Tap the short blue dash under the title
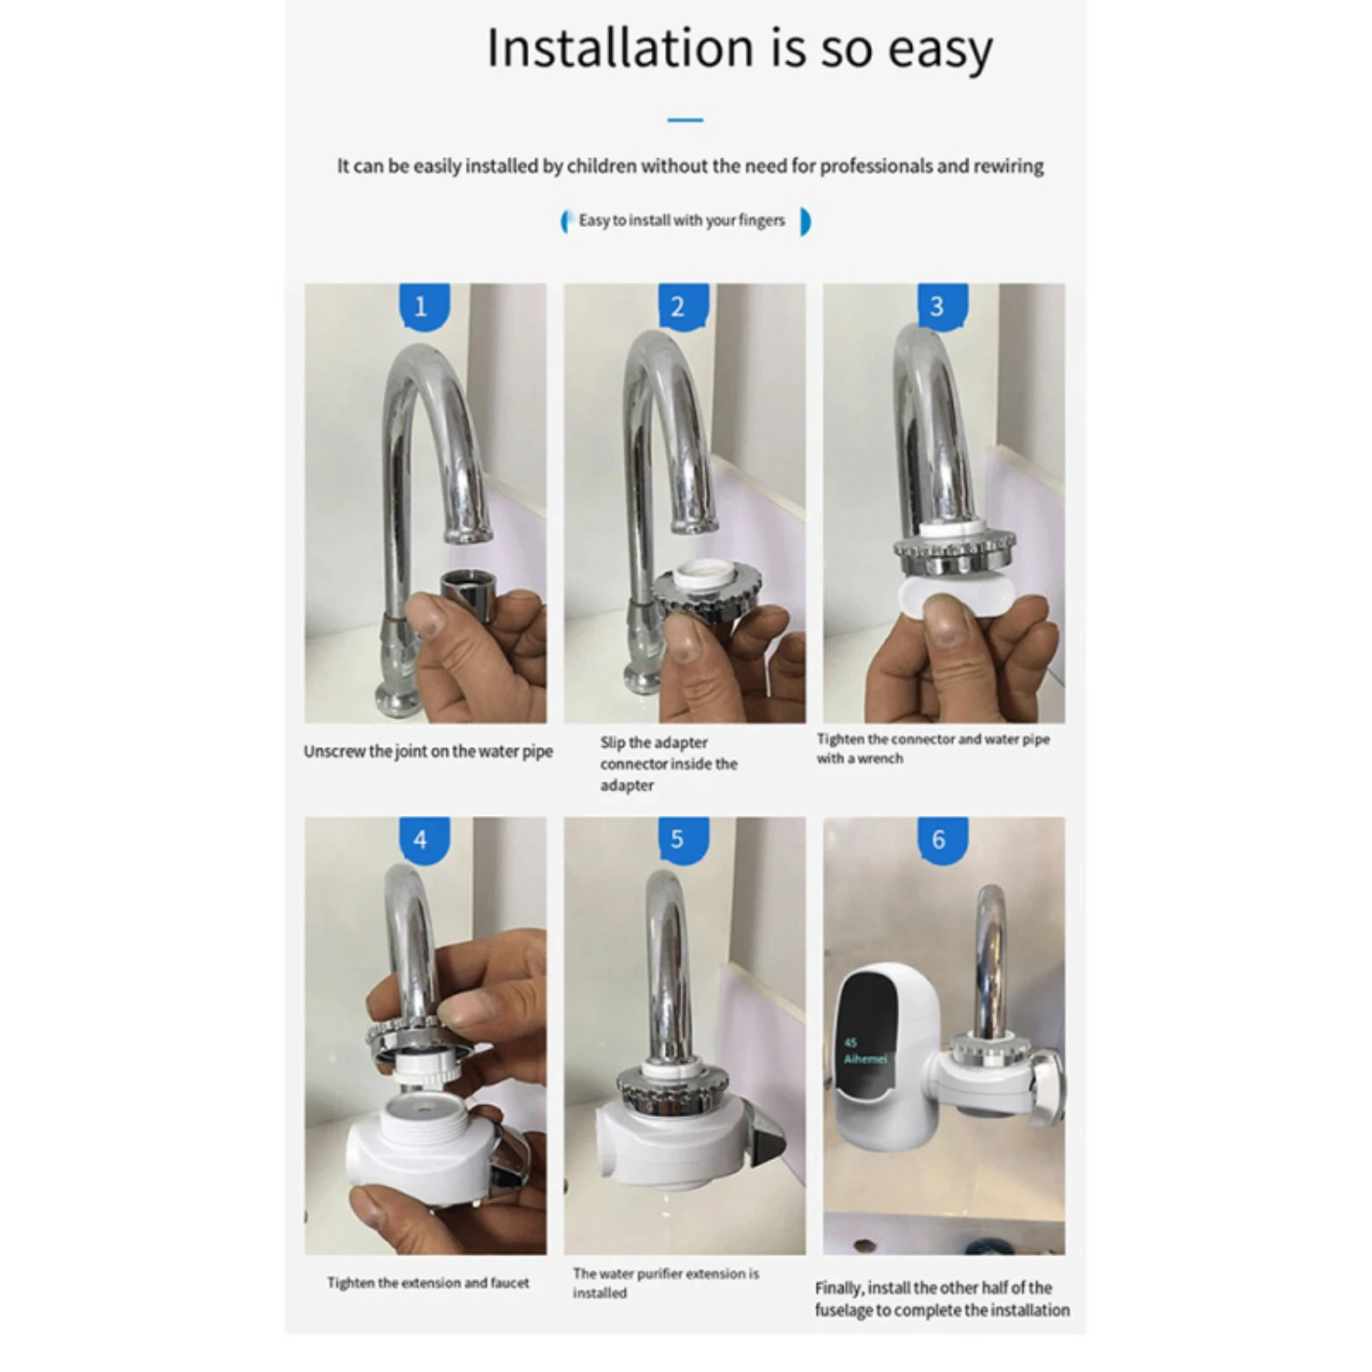pos(685,120)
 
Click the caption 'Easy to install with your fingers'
pos(682,220)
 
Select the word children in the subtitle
pos(601,166)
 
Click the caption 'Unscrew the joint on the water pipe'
pos(428,752)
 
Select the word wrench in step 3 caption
pos(880,759)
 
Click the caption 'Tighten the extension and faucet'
pos(428,1283)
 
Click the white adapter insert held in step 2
pos(702,578)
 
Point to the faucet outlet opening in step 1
pos(468,535)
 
